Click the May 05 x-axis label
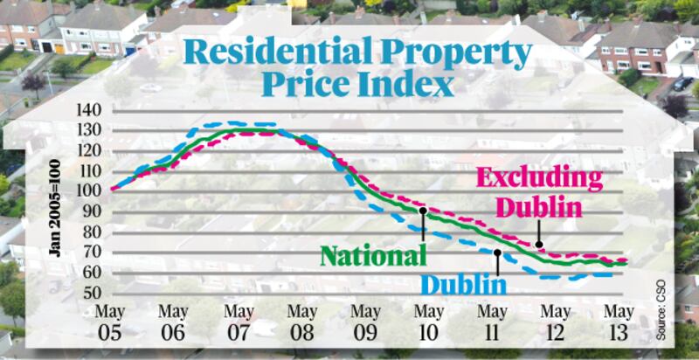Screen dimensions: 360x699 112,320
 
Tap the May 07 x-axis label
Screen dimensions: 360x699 239,320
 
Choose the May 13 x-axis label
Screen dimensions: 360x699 619,320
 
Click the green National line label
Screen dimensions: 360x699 372,255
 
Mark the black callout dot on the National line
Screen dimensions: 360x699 423,211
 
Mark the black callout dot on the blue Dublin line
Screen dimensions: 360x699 497,253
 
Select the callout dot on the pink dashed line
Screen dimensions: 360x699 539,246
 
